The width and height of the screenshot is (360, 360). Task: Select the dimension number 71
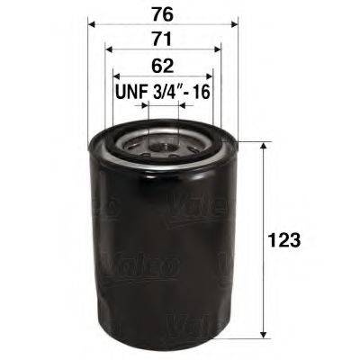(x=162, y=38)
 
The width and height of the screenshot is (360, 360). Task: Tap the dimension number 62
(x=162, y=65)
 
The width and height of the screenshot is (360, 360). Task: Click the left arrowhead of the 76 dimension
(x=93, y=24)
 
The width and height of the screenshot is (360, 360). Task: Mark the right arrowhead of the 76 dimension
(x=231, y=24)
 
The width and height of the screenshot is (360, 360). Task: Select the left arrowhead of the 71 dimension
(x=108, y=50)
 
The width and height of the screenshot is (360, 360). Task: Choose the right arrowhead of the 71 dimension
(x=216, y=50)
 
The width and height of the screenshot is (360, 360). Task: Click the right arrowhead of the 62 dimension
(x=209, y=77)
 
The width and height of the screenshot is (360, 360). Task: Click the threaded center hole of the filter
(x=163, y=141)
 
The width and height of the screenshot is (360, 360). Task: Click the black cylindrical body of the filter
(x=162, y=243)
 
